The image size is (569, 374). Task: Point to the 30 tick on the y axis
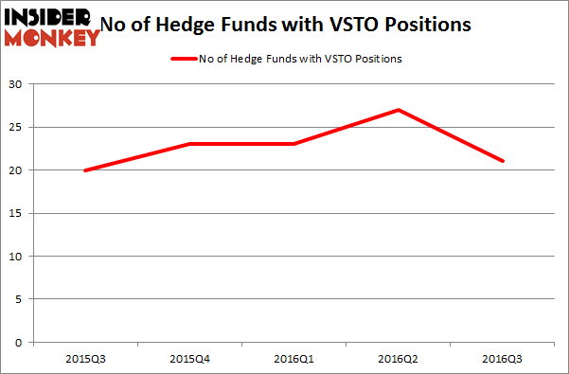[18, 84]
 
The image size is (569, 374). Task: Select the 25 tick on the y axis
[18, 127]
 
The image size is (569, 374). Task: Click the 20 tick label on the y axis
[18, 170]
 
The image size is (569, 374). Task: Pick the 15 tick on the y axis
[18, 213]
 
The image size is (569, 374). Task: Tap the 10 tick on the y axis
[18, 257]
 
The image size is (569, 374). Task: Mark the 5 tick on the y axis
[21, 299]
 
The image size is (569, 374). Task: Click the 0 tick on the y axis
[21, 343]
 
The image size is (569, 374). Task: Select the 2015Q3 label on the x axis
[85, 359]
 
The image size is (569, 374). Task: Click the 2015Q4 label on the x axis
[189, 359]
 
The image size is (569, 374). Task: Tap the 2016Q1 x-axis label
[294, 359]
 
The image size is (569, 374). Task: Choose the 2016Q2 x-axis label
[399, 359]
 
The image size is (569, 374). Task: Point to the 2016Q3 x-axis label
[503, 359]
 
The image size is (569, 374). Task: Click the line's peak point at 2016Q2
[399, 110]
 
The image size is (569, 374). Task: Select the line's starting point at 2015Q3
[85, 170]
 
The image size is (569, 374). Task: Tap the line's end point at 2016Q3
[503, 161]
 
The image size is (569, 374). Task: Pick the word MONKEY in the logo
[52, 37]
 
